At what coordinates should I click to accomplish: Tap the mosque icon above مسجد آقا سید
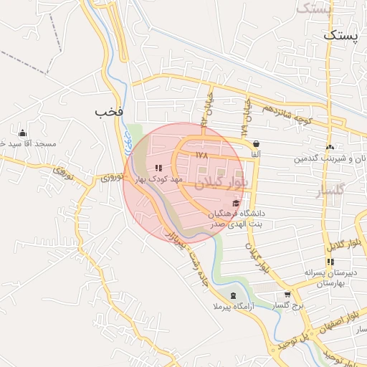22,132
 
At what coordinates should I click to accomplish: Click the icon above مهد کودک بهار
158,168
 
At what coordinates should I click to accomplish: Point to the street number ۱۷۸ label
201,154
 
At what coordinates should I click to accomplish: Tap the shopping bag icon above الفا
256,143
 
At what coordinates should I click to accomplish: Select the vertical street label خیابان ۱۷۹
246,115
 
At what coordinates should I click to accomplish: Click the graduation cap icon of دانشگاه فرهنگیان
236,204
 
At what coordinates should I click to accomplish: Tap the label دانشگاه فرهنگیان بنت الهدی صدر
237,219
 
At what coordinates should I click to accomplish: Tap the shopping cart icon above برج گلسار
287,294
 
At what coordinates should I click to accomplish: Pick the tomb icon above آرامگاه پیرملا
232,295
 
